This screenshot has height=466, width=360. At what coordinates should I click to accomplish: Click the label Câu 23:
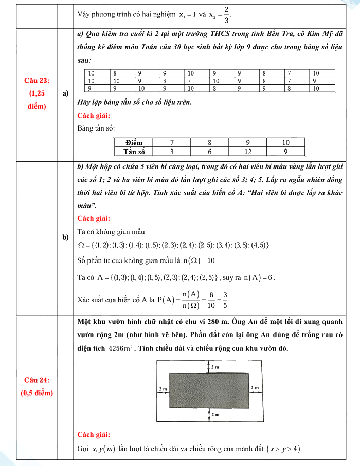pyautogui.click(x=37, y=81)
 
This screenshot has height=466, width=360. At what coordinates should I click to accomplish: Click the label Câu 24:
pyautogui.click(x=37, y=380)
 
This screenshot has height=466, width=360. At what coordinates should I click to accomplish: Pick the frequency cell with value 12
pyautogui.click(x=247, y=151)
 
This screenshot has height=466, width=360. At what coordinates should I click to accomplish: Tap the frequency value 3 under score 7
pyautogui.click(x=172, y=151)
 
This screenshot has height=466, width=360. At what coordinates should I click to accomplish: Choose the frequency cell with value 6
pyautogui.click(x=209, y=151)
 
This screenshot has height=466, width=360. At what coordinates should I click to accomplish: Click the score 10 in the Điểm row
pyautogui.click(x=286, y=142)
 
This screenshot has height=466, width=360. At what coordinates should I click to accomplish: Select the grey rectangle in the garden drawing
pyautogui.click(x=209, y=390)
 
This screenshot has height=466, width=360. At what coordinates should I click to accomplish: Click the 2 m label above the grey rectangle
pyautogui.click(x=215, y=368)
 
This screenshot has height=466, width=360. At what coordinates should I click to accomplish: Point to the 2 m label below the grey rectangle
pyautogui.click(x=215, y=414)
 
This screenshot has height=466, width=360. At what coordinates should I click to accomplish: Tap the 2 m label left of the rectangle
pyautogui.click(x=164, y=389)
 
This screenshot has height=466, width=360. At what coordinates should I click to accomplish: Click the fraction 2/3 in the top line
pyautogui.click(x=226, y=16)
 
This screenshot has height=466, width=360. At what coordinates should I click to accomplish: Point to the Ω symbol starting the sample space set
pyautogui.click(x=80, y=244)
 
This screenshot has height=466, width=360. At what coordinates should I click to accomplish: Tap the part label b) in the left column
pyautogui.click(x=65, y=237)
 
